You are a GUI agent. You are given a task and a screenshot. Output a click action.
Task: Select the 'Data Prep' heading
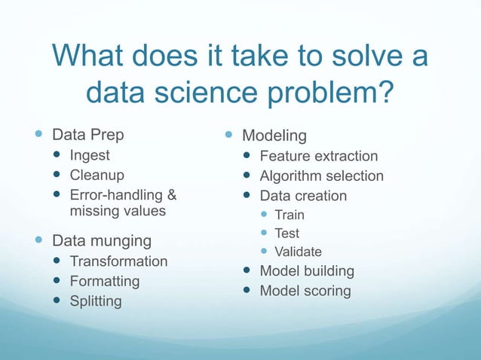87,136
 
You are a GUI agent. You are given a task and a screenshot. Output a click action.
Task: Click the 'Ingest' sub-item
90,156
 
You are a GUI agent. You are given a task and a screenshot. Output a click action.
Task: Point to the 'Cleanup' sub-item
97,175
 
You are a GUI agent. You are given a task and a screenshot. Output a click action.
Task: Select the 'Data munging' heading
101,241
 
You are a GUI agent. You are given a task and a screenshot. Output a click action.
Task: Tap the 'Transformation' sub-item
118,261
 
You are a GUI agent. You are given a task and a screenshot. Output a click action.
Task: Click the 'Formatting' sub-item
105,281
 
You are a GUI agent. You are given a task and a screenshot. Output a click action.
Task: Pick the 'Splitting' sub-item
96,301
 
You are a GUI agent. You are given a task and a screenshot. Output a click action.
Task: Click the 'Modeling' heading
274,136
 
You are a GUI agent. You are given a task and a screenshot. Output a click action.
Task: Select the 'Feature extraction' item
319,156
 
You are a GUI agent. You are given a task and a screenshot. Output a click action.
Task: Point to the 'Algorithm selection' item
322,176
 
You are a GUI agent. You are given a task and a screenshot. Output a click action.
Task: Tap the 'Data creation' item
303,196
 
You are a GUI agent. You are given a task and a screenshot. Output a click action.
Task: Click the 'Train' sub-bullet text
290,215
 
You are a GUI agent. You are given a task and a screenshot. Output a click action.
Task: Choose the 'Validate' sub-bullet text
298,252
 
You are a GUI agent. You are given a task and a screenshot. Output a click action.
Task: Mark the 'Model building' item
307,270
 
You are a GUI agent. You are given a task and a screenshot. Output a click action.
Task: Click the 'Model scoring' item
305,291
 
